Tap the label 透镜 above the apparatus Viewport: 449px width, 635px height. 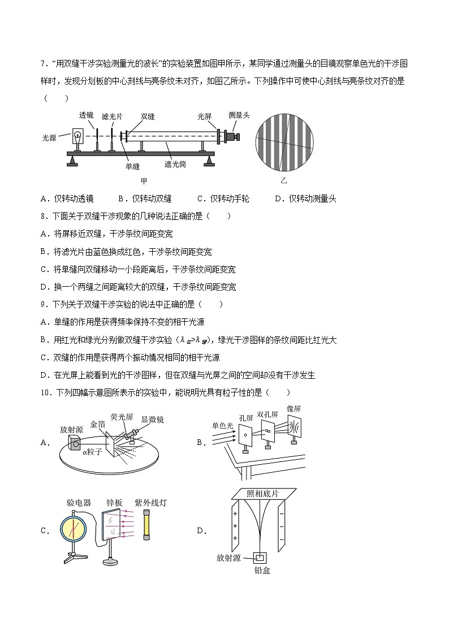[86, 115]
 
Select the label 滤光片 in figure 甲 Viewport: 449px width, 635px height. [111, 116]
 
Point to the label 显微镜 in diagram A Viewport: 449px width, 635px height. [152, 420]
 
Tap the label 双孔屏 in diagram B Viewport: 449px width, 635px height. [267, 414]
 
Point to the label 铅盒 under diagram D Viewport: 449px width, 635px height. [262, 571]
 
